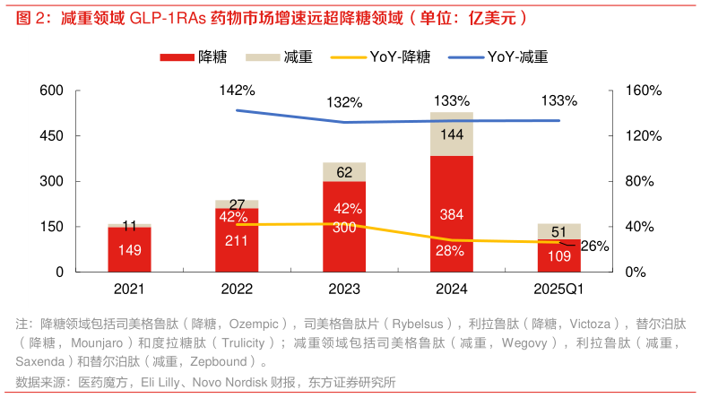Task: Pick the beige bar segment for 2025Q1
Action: click(559, 231)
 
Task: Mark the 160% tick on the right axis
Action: click(643, 91)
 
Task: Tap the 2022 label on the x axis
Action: click(237, 290)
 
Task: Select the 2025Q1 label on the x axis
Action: click(559, 290)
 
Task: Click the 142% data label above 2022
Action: click(237, 91)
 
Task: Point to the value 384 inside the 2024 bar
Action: click(452, 215)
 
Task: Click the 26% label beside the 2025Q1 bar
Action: click(593, 246)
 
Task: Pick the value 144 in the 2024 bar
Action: click(452, 134)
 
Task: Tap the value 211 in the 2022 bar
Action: click(237, 240)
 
